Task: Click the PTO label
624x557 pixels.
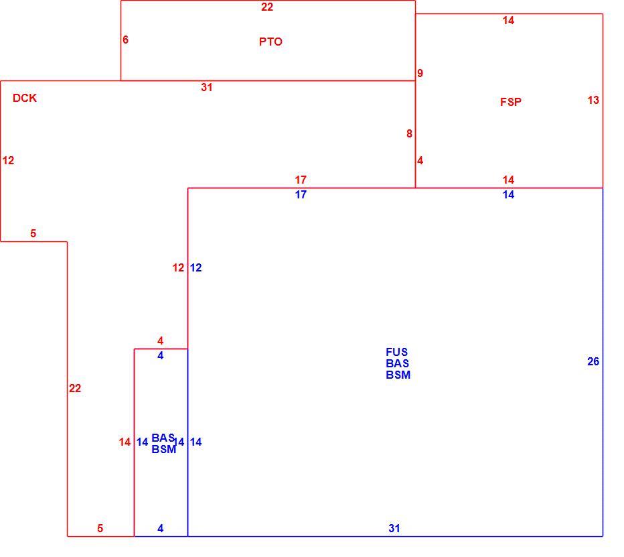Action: click(x=270, y=42)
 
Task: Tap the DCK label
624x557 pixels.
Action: click(x=25, y=98)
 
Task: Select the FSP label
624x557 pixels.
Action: click(x=511, y=102)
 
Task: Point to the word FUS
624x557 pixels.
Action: click(x=397, y=352)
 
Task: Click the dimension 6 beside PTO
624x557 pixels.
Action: click(x=125, y=40)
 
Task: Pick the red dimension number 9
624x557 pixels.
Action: click(x=420, y=73)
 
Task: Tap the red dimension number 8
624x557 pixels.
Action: click(x=409, y=134)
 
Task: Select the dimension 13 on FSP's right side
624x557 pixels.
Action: click(x=593, y=100)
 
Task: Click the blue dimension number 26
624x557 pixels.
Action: click(x=593, y=361)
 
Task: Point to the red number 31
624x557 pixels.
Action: click(x=206, y=88)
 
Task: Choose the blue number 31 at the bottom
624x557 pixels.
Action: click(x=394, y=528)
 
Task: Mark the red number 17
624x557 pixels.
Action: click(x=301, y=180)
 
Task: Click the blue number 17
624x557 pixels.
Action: click(x=301, y=194)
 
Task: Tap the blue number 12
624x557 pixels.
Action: click(x=196, y=267)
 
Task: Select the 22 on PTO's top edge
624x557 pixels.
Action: click(x=267, y=7)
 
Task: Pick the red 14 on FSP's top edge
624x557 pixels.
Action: click(x=508, y=20)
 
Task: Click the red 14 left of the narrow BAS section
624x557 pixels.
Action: click(x=125, y=442)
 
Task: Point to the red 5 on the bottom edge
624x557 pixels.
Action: click(x=100, y=528)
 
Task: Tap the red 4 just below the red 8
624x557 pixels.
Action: click(x=420, y=161)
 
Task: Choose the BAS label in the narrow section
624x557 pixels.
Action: click(x=163, y=438)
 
